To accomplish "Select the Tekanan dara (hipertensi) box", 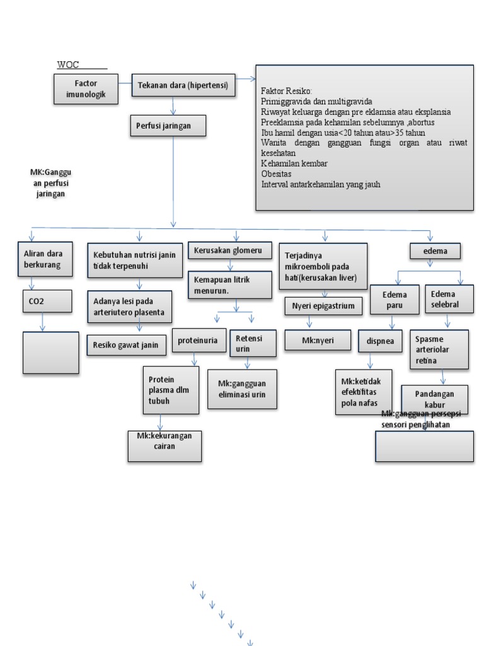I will click(183, 85).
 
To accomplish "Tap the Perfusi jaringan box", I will click(168, 126).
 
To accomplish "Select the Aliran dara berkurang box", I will click(43, 259).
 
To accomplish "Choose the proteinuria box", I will click(198, 340).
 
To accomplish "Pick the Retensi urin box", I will click(249, 343).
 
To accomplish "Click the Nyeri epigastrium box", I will click(323, 307).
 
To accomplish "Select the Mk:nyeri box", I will click(318, 340).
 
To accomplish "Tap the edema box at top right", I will click(435, 251).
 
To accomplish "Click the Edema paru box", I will click(394, 300).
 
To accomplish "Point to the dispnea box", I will click(380, 341).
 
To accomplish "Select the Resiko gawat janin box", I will click(126, 344).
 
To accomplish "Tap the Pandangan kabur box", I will click(434, 399).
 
